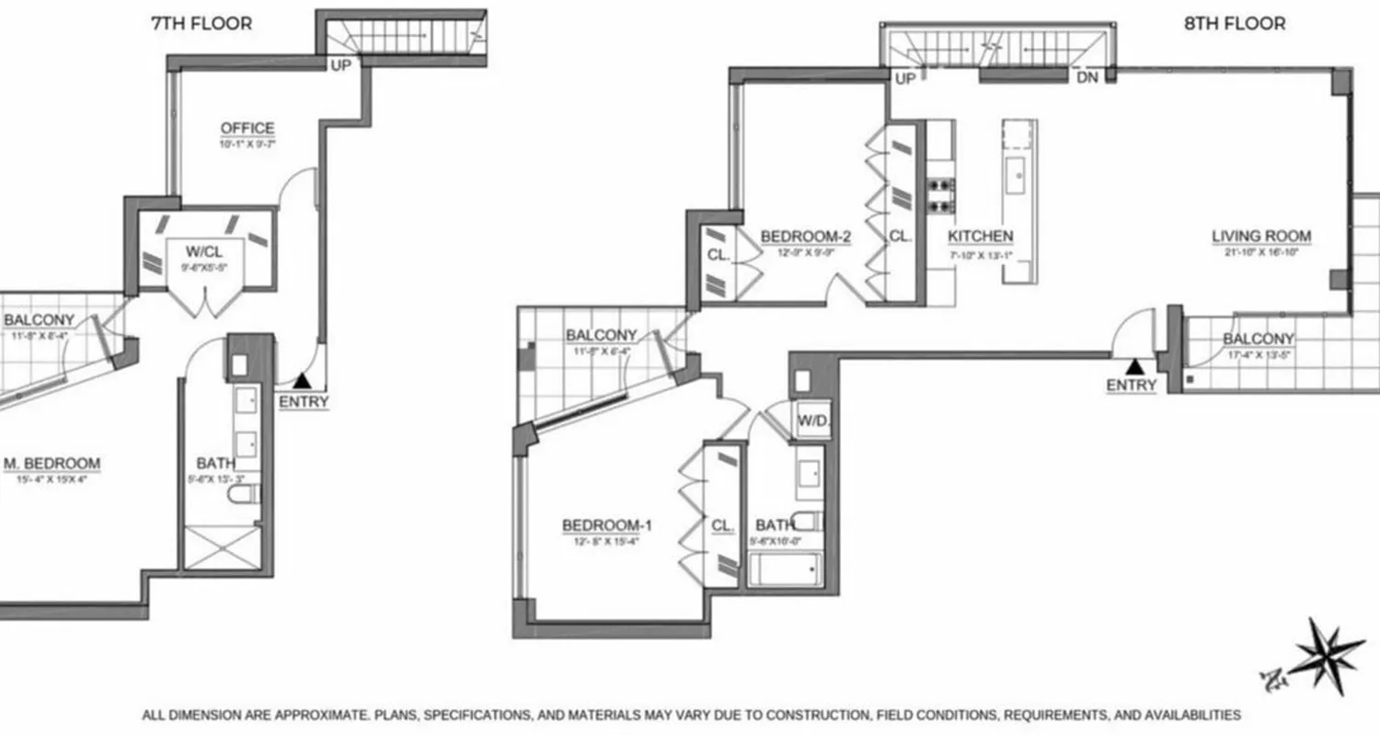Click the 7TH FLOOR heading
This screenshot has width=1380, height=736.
click(201, 24)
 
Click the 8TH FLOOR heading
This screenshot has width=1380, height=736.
click(1234, 24)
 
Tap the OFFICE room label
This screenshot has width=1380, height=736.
click(247, 128)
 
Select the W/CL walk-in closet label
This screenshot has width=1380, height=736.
click(204, 251)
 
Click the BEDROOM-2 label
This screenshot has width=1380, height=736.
click(805, 236)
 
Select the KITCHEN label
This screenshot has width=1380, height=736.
click(980, 236)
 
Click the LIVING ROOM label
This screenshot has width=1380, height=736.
click(1260, 236)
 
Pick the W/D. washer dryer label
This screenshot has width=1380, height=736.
click(812, 420)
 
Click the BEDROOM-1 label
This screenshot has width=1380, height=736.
click(606, 525)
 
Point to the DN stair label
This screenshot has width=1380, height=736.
click(1087, 79)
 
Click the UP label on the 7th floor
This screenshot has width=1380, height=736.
click(340, 65)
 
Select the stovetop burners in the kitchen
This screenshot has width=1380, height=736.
click(940, 195)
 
